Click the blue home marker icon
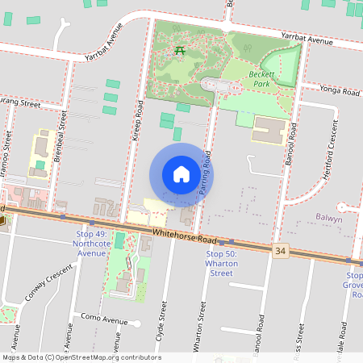click(181, 174)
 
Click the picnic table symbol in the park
click(180, 51)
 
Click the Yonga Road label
click(339, 91)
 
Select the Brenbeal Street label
click(60, 134)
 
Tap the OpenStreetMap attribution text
click(81, 357)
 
